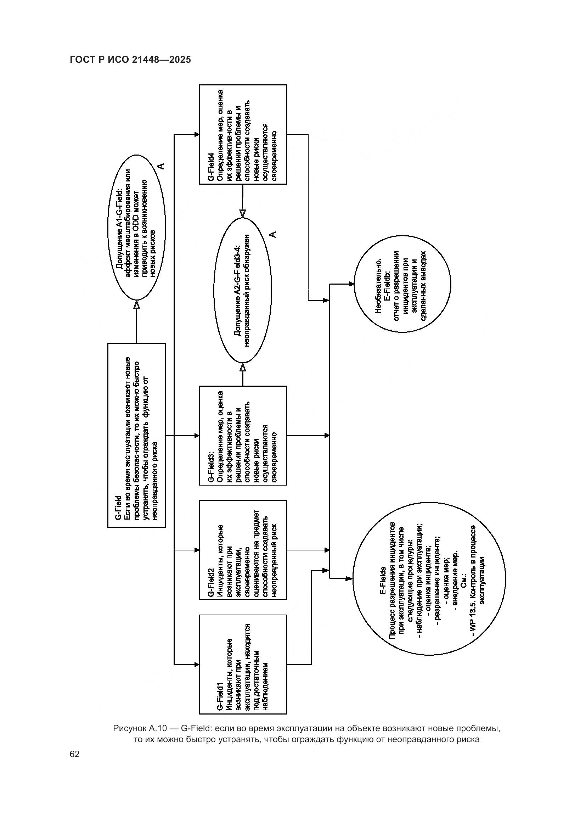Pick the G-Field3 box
tap(242, 436)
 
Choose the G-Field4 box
tap(242, 134)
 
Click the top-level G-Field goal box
tap(136, 436)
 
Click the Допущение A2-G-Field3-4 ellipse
tap(242, 290)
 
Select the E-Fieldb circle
tap(402, 284)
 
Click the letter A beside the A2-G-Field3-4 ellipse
tap(273, 234)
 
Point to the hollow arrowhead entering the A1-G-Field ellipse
tap(136, 305)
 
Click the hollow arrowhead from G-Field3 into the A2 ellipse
tap(242, 368)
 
